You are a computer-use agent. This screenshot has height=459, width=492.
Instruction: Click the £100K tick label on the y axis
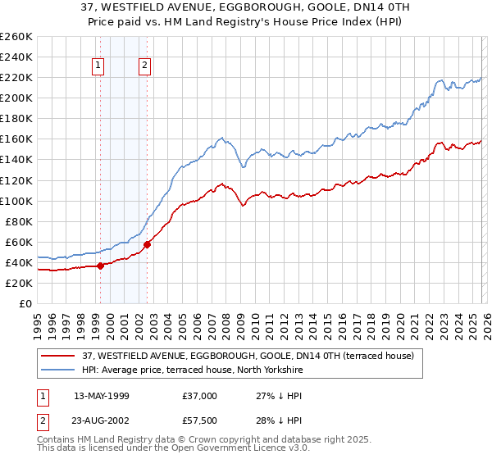(x=16, y=201)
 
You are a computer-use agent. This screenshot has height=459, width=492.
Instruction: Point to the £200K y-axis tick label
(x=16, y=98)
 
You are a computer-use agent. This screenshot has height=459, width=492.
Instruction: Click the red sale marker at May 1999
(x=100, y=265)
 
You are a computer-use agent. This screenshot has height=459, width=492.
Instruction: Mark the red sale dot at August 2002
(x=148, y=243)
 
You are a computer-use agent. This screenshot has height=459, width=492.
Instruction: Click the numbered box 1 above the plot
(x=98, y=66)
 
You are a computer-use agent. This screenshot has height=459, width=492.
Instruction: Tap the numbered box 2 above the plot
(x=144, y=66)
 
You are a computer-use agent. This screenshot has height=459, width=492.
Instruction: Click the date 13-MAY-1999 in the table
(x=102, y=396)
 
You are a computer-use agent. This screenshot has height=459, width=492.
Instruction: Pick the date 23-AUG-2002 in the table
(x=102, y=420)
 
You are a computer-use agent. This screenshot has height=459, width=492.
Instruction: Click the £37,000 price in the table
(x=200, y=396)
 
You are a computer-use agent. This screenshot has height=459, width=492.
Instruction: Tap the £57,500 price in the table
(x=200, y=420)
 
